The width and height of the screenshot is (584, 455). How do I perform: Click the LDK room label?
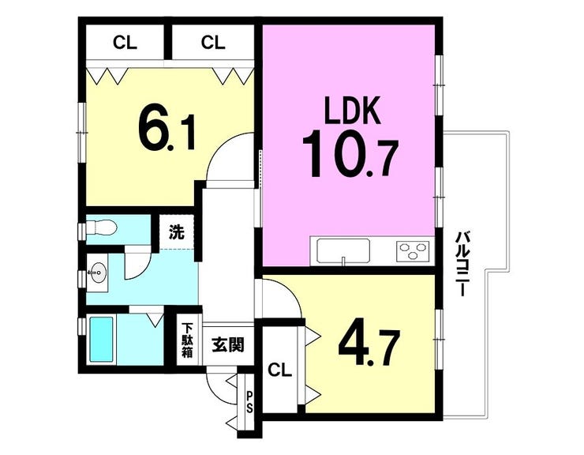(x=353, y=111)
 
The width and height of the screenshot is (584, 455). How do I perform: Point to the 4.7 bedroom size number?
(x=369, y=348)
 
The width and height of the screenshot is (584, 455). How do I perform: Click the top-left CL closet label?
(x=125, y=43)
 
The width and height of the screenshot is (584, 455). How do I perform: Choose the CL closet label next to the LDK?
(x=213, y=43)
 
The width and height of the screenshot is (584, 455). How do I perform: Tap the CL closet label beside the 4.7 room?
(x=280, y=370)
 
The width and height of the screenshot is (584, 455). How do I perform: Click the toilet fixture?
(x=101, y=227)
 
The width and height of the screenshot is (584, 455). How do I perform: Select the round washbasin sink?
(x=99, y=273)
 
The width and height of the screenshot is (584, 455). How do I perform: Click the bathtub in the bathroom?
(x=101, y=340)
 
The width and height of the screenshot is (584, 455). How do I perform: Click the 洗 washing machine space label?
(x=177, y=233)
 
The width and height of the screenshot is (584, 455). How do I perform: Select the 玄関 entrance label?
(x=228, y=345)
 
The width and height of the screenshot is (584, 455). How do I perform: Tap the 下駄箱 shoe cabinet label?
(x=187, y=340)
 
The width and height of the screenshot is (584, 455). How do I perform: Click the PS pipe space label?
(x=249, y=401)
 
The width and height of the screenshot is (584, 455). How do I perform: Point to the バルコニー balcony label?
(x=461, y=264)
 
